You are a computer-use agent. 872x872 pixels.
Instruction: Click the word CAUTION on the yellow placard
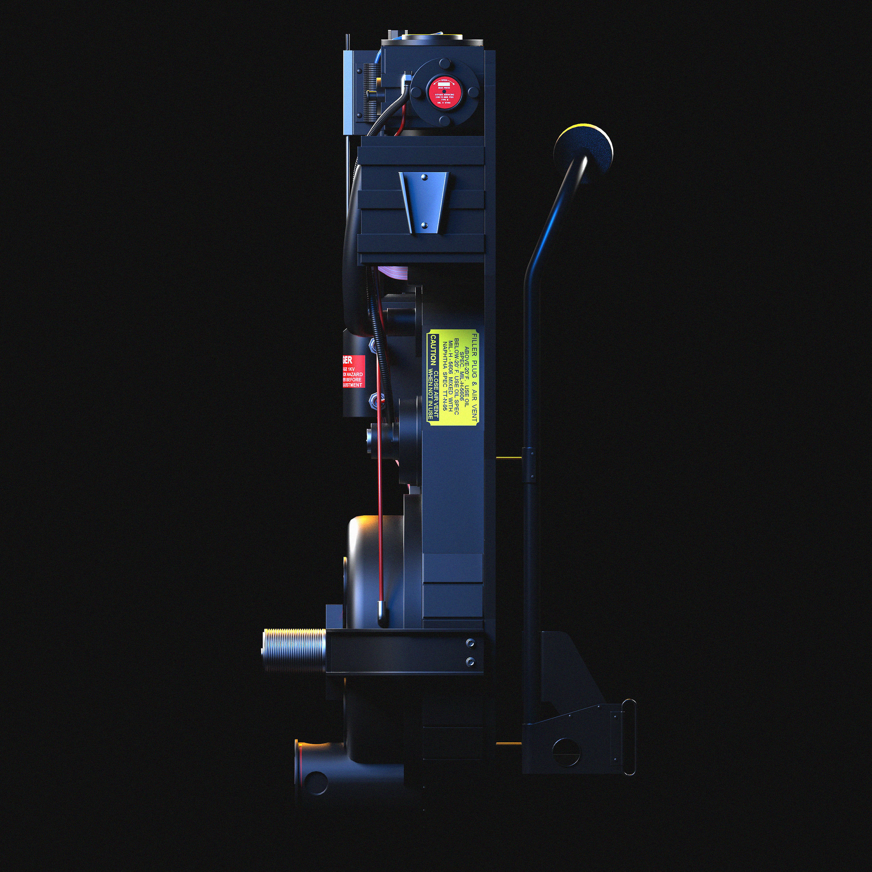tap(433, 349)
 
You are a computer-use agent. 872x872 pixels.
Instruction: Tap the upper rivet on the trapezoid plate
tap(424, 178)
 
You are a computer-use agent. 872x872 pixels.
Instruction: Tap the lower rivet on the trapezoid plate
tap(424, 224)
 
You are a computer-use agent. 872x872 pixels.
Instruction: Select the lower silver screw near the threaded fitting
tap(470, 662)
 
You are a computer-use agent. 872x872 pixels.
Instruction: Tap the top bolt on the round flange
tap(445, 63)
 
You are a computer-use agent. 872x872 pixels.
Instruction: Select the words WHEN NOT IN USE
tap(430, 395)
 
